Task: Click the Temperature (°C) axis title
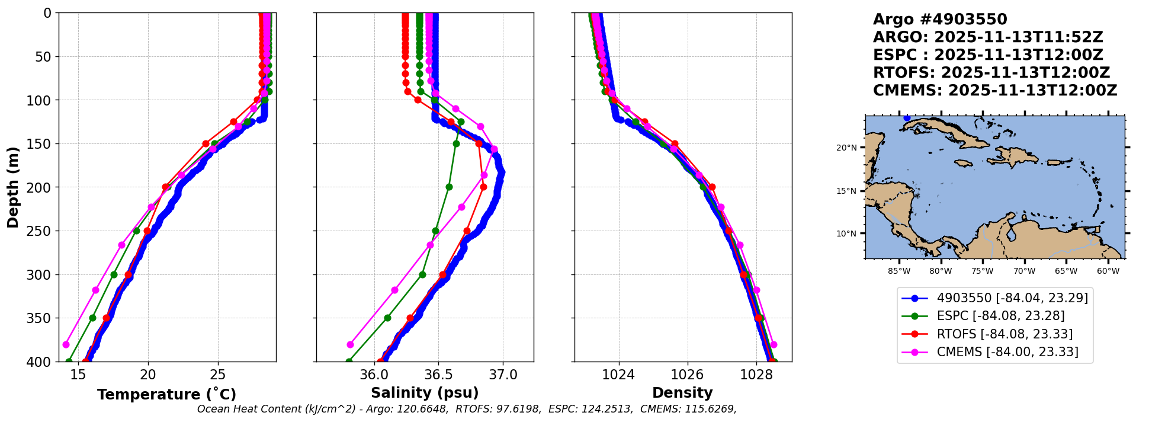click(x=166, y=395)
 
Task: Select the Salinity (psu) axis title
click(x=425, y=393)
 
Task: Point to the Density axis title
click(x=682, y=393)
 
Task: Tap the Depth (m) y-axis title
click(x=13, y=187)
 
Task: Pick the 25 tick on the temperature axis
click(x=218, y=375)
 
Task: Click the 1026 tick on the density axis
click(x=688, y=375)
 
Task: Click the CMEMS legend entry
click(x=1007, y=352)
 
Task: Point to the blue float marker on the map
click(x=907, y=118)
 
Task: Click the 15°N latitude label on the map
click(x=846, y=191)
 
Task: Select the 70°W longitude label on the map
click(x=1024, y=271)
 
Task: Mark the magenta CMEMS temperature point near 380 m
click(x=66, y=344)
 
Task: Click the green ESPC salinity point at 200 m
click(x=449, y=187)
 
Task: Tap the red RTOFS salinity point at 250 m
click(x=467, y=231)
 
